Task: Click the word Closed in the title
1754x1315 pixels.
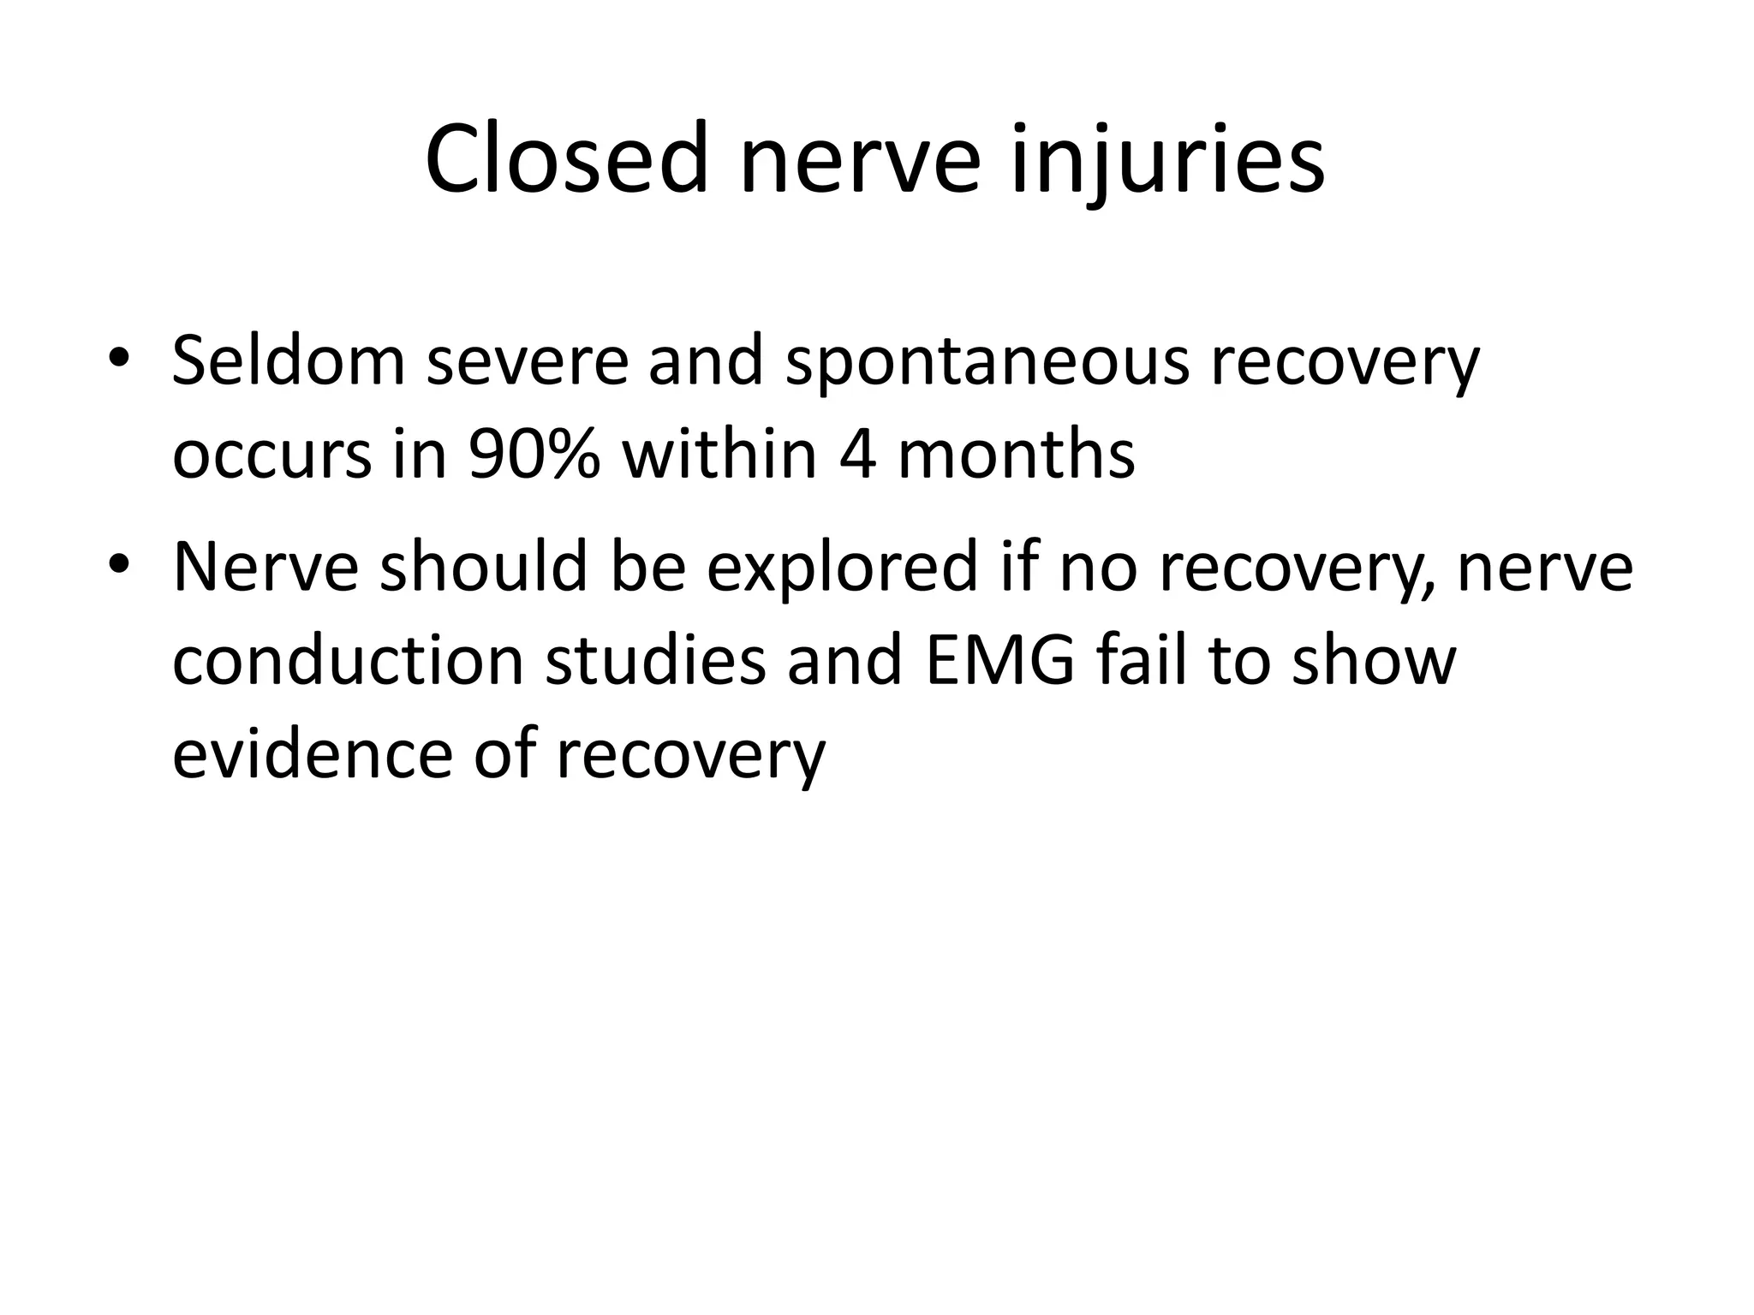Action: [566, 160]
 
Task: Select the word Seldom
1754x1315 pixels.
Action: [289, 360]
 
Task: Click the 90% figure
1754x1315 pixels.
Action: [534, 454]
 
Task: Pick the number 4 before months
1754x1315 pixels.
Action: [857, 454]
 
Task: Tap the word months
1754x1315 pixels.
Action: [1016, 454]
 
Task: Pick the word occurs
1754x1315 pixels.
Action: [272, 454]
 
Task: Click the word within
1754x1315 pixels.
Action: [719, 454]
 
